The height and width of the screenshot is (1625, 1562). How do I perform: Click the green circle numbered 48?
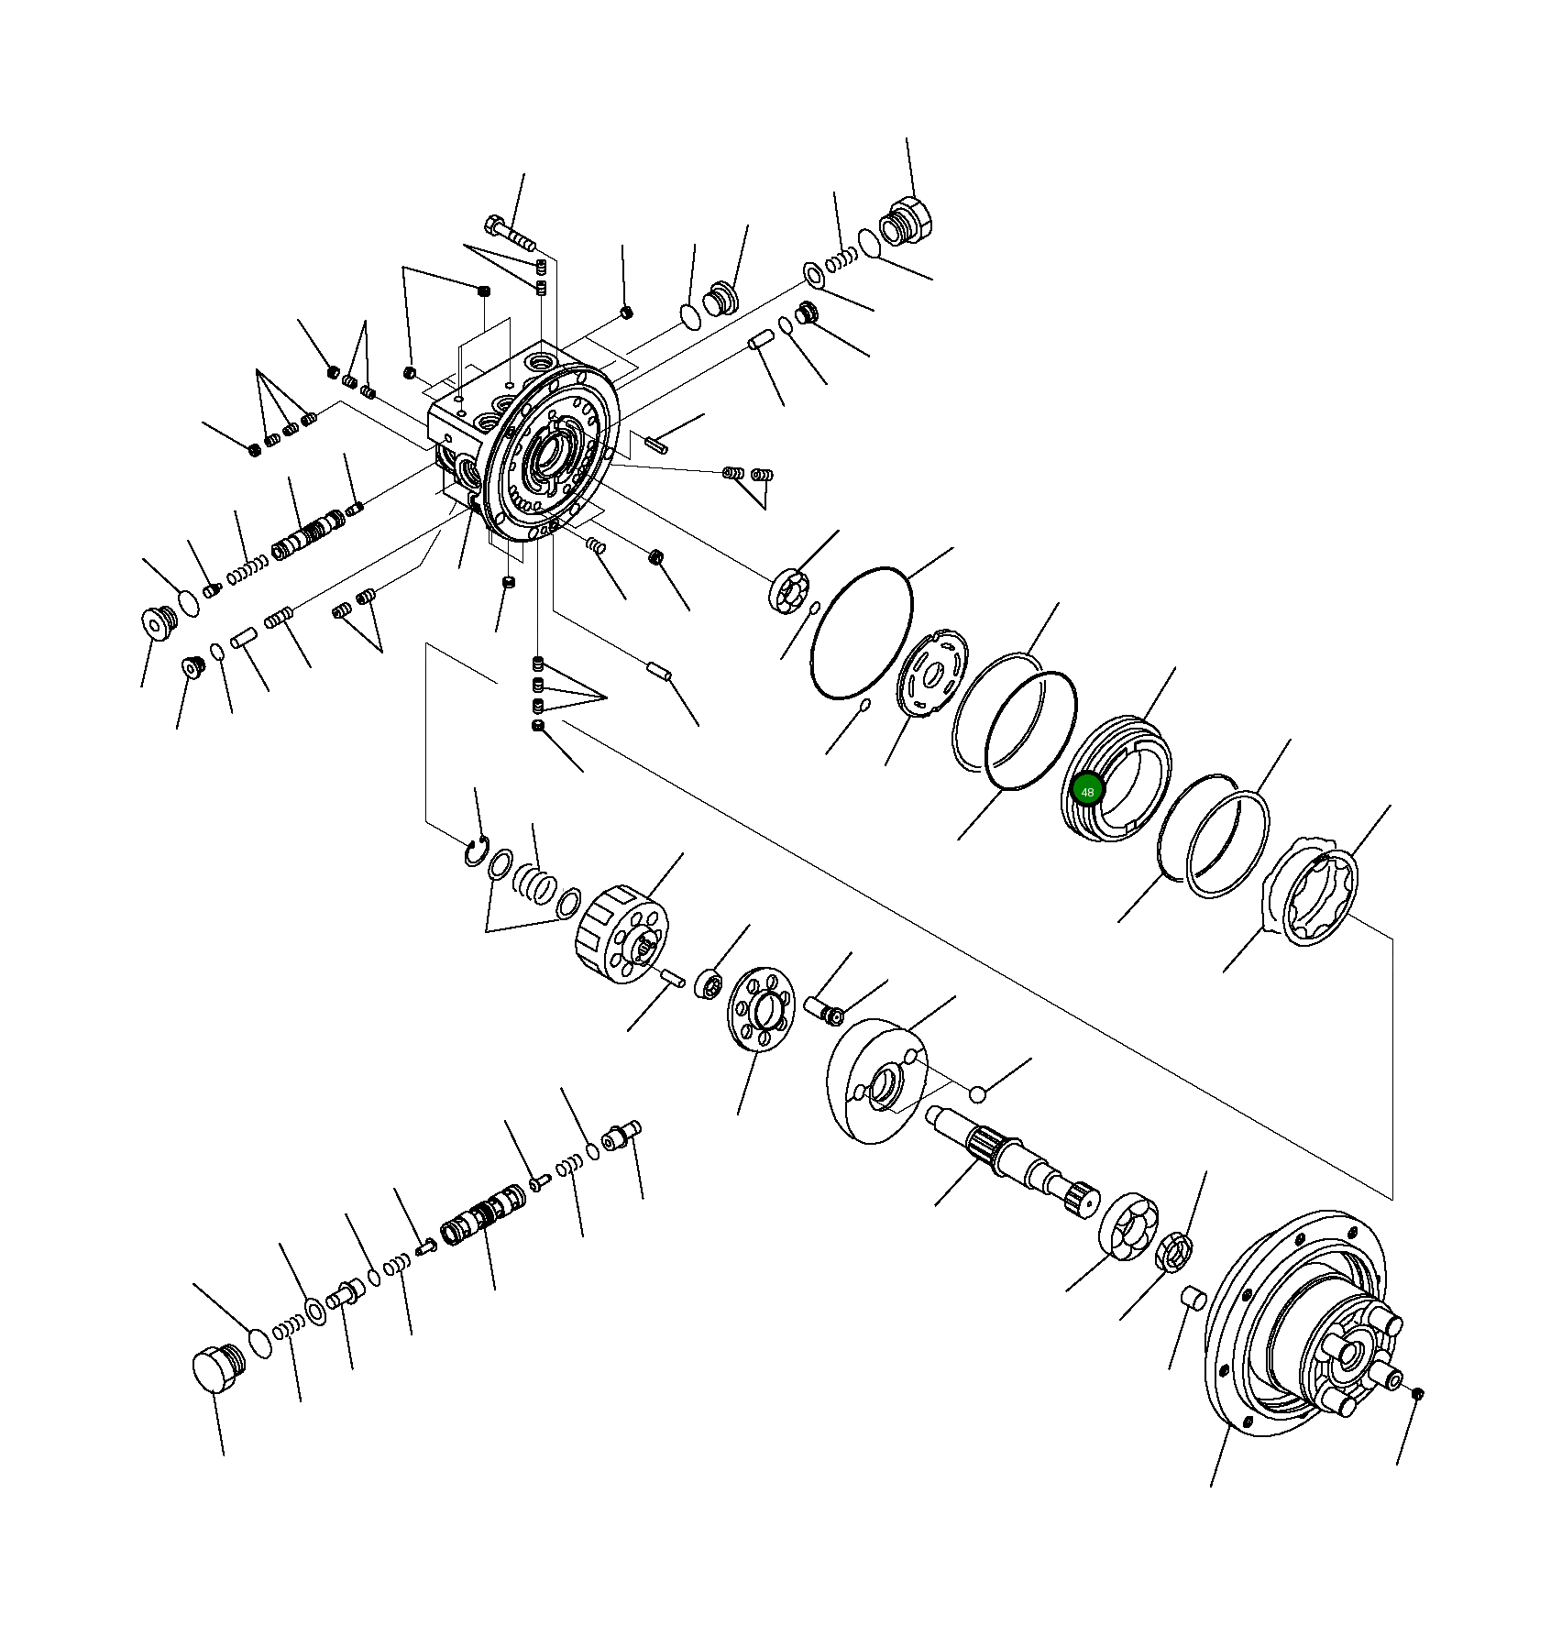point(1087,791)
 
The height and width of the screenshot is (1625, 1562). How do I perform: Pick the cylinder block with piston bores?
point(623,935)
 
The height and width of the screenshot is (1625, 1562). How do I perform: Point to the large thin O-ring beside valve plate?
point(861,633)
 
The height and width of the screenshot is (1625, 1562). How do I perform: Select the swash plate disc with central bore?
point(877,1082)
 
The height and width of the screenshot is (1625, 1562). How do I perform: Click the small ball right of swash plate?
point(978,1094)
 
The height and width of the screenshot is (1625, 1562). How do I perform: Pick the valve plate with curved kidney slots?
point(933,674)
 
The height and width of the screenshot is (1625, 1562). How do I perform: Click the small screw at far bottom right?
point(1418,1394)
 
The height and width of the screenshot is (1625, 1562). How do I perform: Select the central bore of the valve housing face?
point(549,451)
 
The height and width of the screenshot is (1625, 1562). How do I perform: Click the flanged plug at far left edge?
point(160,623)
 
